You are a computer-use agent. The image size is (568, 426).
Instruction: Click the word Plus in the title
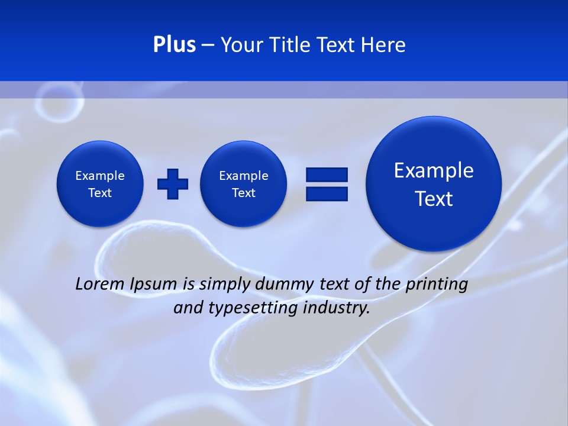(x=174, y=45)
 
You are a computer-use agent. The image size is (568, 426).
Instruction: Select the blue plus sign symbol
(x=173, y=184)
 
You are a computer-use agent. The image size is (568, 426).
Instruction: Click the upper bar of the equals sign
(x=327, y=175)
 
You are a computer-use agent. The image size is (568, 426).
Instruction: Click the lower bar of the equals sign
(x=327, y=193)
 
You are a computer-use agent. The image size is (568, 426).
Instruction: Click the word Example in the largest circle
(x=434, y=170)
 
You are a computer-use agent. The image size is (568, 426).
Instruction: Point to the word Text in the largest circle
(x=434, y=199)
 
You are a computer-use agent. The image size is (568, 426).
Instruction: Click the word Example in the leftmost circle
(x=100, y=176)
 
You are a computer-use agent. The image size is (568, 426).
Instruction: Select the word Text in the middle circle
(x=243, y=193)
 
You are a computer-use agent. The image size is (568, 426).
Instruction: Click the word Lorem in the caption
(x=100, y=284)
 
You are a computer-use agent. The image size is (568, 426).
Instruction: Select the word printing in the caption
(x=437, y=285)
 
